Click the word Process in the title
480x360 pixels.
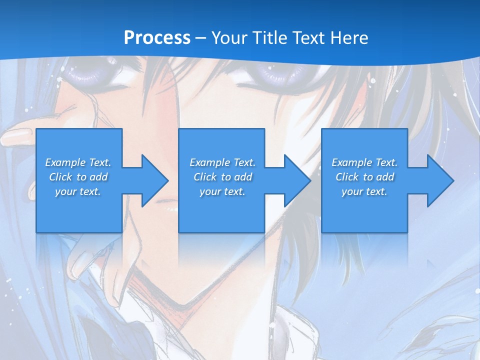pos(157,38)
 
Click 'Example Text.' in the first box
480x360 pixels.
pos(78,162)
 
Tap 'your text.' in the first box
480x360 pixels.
pos(78,191)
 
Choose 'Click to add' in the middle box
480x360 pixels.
pos(222,177)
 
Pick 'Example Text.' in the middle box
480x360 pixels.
pos(222,162)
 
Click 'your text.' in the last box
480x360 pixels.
pos(364,191)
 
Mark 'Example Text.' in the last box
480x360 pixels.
pos(364,162)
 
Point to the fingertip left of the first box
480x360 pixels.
pos(15,135)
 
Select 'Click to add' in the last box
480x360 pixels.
pos(364,177)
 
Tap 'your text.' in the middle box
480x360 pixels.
pos(222,191)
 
